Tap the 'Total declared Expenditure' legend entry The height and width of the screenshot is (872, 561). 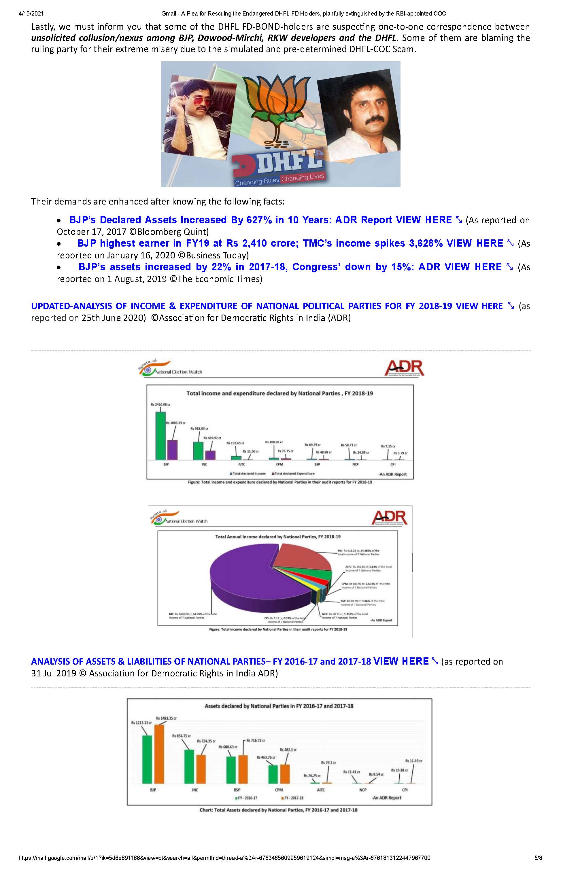tap(294, 473)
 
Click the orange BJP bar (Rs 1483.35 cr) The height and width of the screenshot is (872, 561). tap(159, 753)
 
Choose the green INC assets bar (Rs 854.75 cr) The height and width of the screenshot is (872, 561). tap(189, 766)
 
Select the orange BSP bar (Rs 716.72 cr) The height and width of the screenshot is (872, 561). tap(243, 769)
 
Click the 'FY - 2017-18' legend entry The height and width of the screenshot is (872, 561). tap(294, 798)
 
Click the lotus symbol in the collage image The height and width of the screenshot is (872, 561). tap(269, 106)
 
